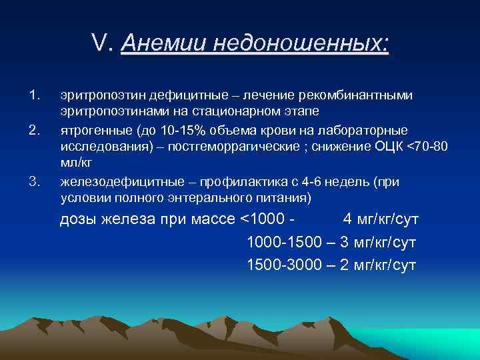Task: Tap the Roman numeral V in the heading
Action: click(100, 44)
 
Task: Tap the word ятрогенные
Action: click(91, 129)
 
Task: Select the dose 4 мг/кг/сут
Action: click(381, 220)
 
